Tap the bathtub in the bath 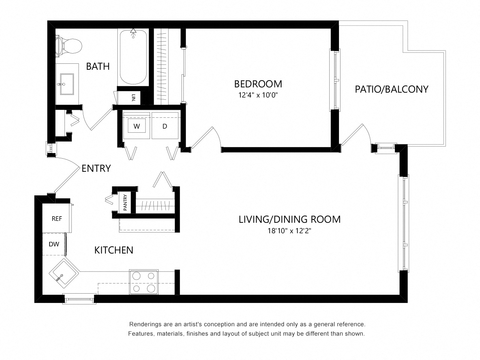point(133,57)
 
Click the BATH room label point(98,66)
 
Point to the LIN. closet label point(134,97)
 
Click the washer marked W point(136,126)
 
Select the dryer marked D point(165,126)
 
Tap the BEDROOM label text point(258,84)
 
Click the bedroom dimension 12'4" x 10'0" point(258,95)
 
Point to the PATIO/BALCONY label point(391,89)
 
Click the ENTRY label point(96,168)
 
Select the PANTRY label point(125,202)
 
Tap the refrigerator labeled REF point(57,218)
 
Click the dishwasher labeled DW point(54,244)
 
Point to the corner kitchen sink point(64,273)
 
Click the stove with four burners point(144,282)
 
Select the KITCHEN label point(114,250)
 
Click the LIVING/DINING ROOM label point(289,219)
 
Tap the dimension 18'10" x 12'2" point(289,231)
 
